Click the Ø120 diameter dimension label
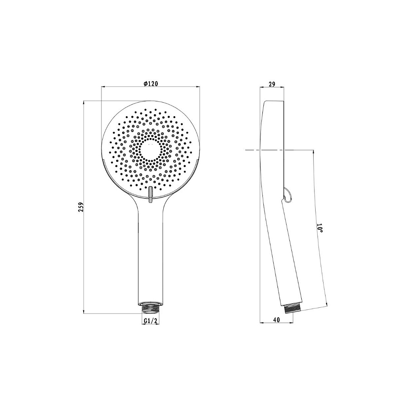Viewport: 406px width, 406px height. coord(151,83)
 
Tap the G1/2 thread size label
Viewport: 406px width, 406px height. coord(150,321)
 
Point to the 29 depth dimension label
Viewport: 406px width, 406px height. coord(272,84)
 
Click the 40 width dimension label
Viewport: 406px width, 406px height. coord(276,320)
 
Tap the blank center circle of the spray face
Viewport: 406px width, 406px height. coord(150,149)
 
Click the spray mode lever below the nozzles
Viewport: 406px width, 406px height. coord(151,194)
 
